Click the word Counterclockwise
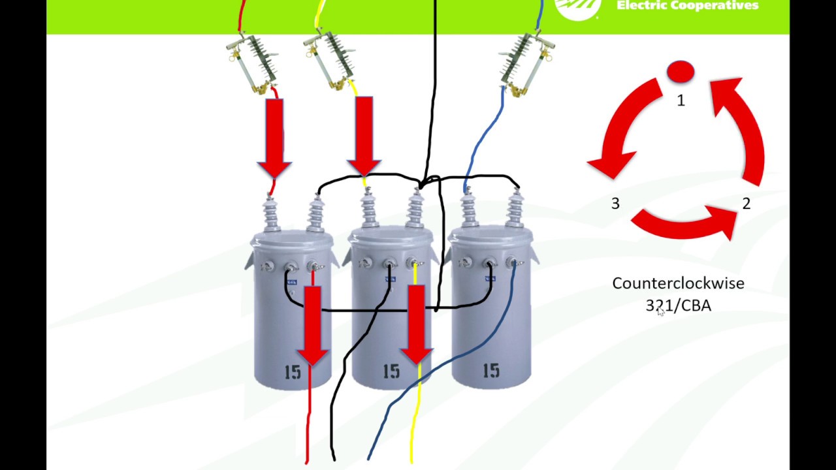[x=678, y=283]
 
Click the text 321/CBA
[x=678, y=305]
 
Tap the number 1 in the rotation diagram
[x=681, y=101]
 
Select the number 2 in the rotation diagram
[x=746, y=204]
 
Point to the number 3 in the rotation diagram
[x=615, y=204]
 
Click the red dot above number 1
[x=681, y=72]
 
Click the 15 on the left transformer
[x=293, y=372]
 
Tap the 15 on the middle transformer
[x=391, y=372]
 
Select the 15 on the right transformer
[x=490, y=371]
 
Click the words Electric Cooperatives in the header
[x=687, y=6]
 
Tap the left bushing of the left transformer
[x=271, y=212]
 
